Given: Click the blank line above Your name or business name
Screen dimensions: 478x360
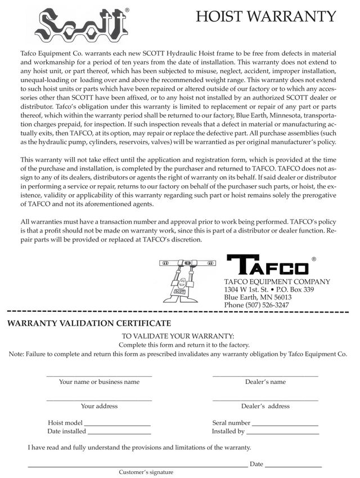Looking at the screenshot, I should [99, 376].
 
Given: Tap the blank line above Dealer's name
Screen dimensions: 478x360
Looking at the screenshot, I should [265, 376].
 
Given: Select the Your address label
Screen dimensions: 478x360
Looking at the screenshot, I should [99, 406].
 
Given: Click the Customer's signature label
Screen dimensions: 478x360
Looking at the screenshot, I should [146, 472].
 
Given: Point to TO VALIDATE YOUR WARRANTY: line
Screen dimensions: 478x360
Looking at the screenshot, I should [178, 336].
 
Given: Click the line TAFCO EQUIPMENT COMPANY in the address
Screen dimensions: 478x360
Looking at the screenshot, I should [277, 282].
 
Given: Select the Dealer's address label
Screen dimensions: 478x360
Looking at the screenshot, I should [265, 406].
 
